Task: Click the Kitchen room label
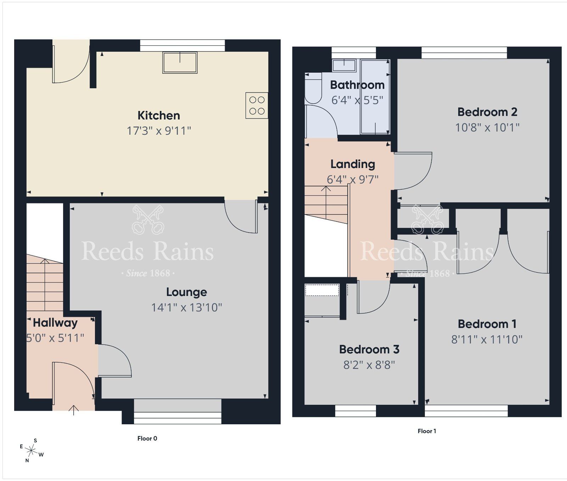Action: point(158,116)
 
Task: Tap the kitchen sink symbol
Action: point(180,62)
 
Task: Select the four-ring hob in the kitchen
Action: point(257,106)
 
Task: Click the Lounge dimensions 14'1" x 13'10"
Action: point(186,307)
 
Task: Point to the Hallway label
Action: point(55,323)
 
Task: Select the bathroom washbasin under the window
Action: point(344,65)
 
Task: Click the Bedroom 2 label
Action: point(487,112)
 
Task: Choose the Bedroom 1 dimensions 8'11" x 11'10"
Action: point(487,340)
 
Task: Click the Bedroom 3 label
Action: point(369,349)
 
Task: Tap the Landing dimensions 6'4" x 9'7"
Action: point(352,179)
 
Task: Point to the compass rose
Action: point(32,451)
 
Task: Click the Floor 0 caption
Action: point(147,438)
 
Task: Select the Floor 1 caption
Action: point(427,431)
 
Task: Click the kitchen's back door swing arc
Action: point(71,67)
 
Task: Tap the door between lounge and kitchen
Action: point(241,216)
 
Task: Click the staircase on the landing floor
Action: point(326,204)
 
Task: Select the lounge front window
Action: point(178,413)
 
